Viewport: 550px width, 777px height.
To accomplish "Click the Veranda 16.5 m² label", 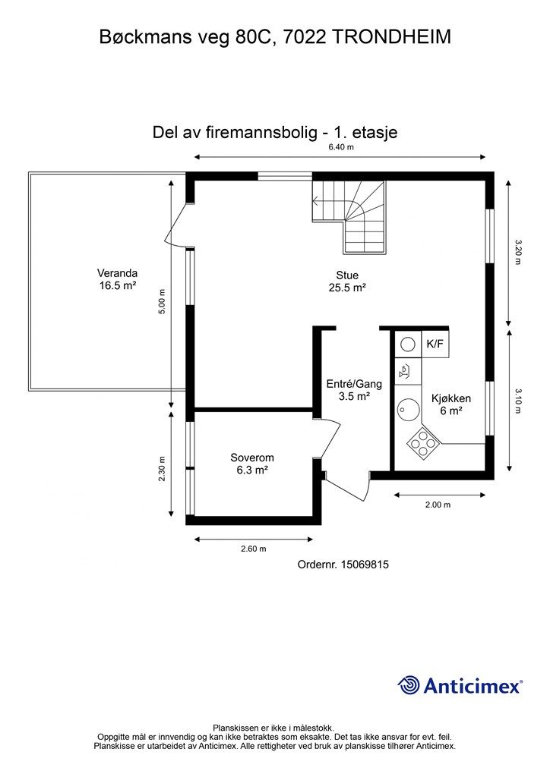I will tap(117, 279).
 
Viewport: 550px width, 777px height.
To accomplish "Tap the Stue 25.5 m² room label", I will tap(347, 282).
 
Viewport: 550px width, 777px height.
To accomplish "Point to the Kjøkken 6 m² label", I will tap(451, 404).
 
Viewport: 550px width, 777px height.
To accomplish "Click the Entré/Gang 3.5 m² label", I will tap(353, 390).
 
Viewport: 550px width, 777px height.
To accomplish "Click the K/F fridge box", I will tap(435, 344).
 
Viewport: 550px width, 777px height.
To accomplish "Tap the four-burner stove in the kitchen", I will tap(422, 442).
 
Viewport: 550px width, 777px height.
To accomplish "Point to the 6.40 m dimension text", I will tap(341, 147).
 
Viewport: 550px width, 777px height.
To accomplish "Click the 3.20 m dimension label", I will tap(519, 251).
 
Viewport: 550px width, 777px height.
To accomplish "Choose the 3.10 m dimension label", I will tap(519, 401).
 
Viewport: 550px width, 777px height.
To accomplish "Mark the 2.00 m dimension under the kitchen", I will tap(438, 505).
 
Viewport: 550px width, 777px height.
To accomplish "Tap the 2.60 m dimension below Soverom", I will tap(252, 549).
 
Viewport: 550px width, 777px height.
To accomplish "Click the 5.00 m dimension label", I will tap(161, 302).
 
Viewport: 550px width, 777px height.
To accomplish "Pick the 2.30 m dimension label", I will tap(161, 468).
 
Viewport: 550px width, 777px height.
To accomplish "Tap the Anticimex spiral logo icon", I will tap(409, 684).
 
